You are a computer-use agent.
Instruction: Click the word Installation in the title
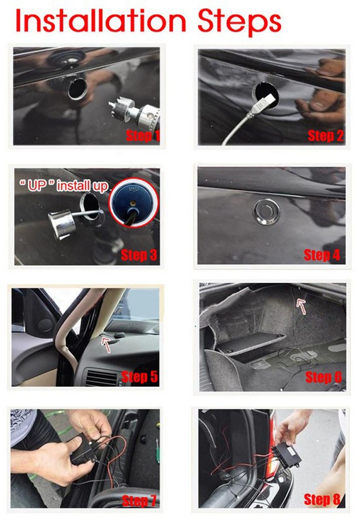click(100, 21)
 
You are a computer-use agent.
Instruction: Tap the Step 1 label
click(143, 135)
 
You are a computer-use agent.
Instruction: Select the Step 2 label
click(326, 135)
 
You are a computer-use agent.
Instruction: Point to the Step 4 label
click(322, 255)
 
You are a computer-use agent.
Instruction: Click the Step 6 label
click(323, 376)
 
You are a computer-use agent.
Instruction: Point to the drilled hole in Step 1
click(78, 89)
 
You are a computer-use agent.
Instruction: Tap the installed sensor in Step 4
click(266, 211)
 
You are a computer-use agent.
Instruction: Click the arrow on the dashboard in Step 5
click(106, 345)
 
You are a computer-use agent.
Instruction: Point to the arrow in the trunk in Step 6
click(301, 306)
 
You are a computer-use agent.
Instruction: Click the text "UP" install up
click(63, 186)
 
